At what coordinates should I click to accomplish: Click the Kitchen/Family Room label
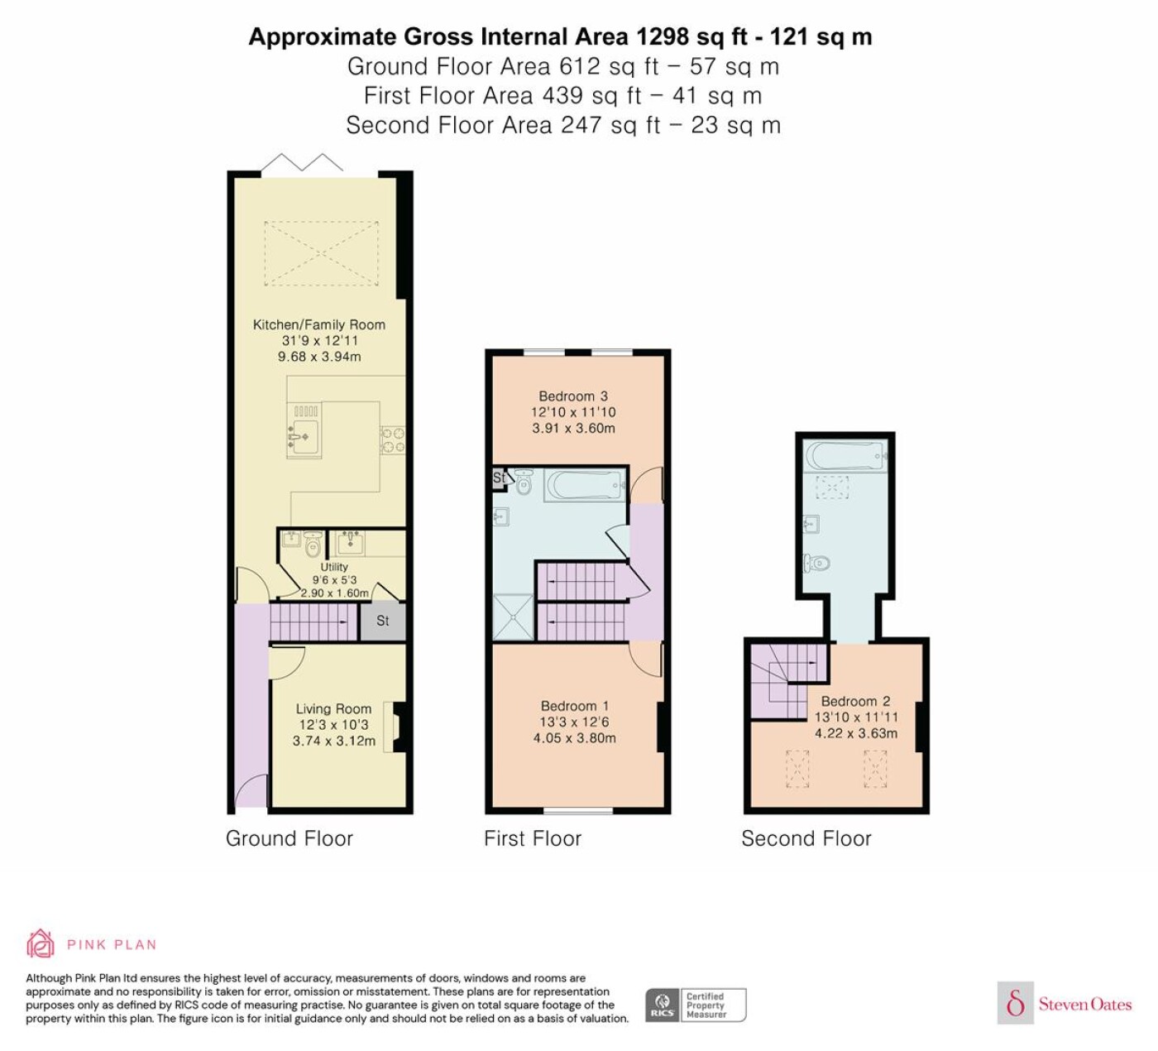tap(318, 324)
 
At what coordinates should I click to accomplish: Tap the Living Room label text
tap(333, 709)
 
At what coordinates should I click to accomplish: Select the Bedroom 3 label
tap(572, 396)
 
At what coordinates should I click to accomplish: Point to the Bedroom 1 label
tap(574, 706)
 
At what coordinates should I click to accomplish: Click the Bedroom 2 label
tap(855, 702)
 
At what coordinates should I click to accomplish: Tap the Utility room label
tap(334, 567)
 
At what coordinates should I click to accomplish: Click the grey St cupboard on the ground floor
tap(383, 621)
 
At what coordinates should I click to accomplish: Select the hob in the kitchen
tap(393, 439)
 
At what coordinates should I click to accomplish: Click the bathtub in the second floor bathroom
tap(845, 457)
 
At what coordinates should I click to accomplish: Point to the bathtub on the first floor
tap(585, 485)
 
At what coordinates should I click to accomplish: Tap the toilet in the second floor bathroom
tap(816, 562)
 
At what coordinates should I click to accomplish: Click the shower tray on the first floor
tap(513, 617)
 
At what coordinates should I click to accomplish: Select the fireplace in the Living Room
tap(400, 727)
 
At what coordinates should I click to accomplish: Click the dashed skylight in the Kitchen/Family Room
tap(322, 253)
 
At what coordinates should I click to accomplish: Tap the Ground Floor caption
tap(289, 838)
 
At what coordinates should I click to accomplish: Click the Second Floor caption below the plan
tap(806, 838)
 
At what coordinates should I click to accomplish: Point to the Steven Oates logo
tap(1065, 1004)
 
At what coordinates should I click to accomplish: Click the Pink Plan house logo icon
tap(41, 944)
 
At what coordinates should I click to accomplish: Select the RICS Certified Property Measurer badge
tap(696, 1005)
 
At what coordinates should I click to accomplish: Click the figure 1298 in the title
tap(663, 37)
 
